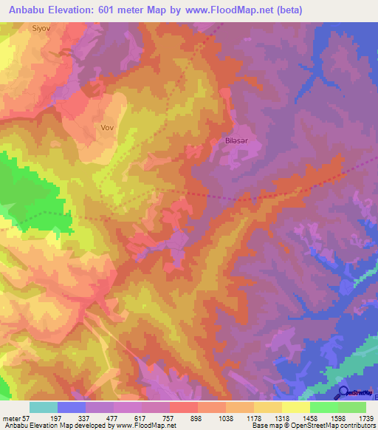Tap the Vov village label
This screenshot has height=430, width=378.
(107, 127)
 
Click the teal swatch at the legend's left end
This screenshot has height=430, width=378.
(43, 407)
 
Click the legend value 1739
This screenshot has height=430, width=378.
(356, 417)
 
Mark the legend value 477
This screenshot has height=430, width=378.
(117, 417)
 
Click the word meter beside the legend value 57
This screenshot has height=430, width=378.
(13, 417)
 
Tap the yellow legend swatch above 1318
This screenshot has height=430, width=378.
(267, 407)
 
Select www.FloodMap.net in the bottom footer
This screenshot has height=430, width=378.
(142, 426)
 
